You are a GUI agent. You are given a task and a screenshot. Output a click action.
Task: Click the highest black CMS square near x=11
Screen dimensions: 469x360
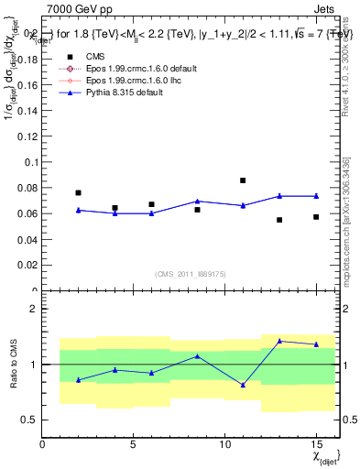(243, 180)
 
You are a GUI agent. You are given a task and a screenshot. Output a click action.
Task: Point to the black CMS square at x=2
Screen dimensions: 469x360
(78, 192)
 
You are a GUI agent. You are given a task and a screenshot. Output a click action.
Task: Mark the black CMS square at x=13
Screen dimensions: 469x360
(279, 220)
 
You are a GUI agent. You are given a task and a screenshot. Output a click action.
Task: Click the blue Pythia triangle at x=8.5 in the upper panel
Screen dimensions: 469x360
(197, 201)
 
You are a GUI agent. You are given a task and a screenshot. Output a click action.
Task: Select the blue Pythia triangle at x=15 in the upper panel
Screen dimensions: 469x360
(316, 195)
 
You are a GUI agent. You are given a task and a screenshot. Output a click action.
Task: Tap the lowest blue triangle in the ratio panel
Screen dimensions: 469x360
(243, 385)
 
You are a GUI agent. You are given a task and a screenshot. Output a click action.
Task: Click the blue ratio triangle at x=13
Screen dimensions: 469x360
(279, 341)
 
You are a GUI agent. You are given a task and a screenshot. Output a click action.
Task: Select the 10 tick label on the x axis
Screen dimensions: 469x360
(224, 445)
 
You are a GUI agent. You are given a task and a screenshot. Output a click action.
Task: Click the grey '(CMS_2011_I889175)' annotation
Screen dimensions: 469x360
(188, 274)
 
